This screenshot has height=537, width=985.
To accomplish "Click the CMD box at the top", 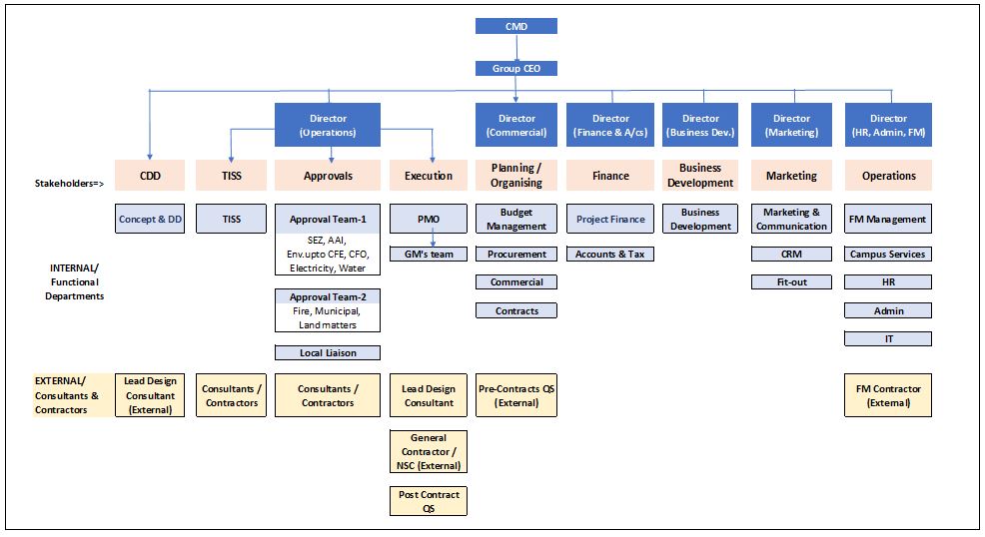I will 515,26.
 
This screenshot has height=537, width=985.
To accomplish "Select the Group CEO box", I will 515,69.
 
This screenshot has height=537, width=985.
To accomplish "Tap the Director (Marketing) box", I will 791,126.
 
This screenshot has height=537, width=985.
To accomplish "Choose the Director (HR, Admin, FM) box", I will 888,126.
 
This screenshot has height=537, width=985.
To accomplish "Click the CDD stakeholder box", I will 149,176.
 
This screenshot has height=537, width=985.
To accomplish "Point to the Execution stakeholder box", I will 428,176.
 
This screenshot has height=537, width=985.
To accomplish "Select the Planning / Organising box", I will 515,176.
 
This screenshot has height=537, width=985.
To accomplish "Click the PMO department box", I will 428,220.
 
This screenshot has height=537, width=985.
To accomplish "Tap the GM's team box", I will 428,255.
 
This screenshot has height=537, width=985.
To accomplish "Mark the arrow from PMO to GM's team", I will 432,241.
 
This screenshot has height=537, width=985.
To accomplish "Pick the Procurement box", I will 515,255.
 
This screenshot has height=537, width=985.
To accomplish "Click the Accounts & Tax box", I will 610,255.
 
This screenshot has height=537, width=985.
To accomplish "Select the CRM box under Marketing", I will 791,255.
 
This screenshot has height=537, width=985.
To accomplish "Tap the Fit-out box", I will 791,282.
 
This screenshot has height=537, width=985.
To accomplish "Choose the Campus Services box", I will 888,255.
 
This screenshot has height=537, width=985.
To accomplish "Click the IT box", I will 888,339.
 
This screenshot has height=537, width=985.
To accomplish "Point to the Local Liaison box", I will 327,352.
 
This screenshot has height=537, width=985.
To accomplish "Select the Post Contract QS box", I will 428,501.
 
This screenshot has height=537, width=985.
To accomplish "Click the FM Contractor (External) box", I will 888,395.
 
